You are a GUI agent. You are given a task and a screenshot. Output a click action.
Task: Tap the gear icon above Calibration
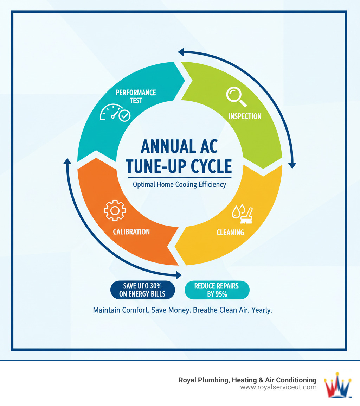click(x=115, y=211)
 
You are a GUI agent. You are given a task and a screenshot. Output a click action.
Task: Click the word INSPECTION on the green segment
click(x=245, y=116)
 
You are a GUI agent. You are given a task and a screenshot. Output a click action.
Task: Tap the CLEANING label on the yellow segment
click(x=230, y=232)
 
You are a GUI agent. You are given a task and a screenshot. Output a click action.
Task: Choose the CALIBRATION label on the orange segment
click(x=131, y=231)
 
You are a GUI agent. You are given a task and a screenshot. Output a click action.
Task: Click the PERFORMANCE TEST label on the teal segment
click(x=136, y=96)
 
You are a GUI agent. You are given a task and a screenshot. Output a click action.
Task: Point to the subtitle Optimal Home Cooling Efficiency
click(x=179, y=184)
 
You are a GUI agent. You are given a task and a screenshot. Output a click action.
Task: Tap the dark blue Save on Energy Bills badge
click(x=142, y=290)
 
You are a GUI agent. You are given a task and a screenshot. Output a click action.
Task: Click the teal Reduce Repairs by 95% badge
click(x=217, y=290)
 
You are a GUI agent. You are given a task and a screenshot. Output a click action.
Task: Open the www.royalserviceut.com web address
click(x=278, y=387)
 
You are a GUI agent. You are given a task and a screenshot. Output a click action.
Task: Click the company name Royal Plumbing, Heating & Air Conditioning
click(x=247, y=380)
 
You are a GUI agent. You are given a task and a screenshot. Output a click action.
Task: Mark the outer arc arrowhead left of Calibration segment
click(x=67, y=161)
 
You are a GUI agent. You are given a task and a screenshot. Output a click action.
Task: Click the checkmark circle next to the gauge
click(x=124, y=115)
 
